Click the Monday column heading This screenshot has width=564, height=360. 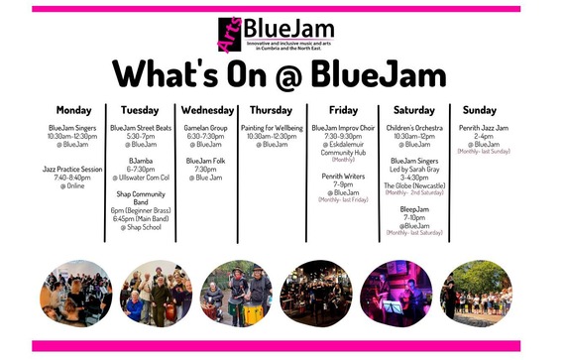73,110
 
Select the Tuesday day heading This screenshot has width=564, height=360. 139,110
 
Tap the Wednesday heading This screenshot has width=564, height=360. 207,110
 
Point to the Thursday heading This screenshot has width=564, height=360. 271,110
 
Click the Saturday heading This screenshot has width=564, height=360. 414,110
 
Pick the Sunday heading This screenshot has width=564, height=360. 479,110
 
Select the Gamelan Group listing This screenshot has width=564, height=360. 206,128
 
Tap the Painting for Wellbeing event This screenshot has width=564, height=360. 271,128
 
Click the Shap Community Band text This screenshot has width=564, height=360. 139,198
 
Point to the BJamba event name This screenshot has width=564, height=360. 140,160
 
